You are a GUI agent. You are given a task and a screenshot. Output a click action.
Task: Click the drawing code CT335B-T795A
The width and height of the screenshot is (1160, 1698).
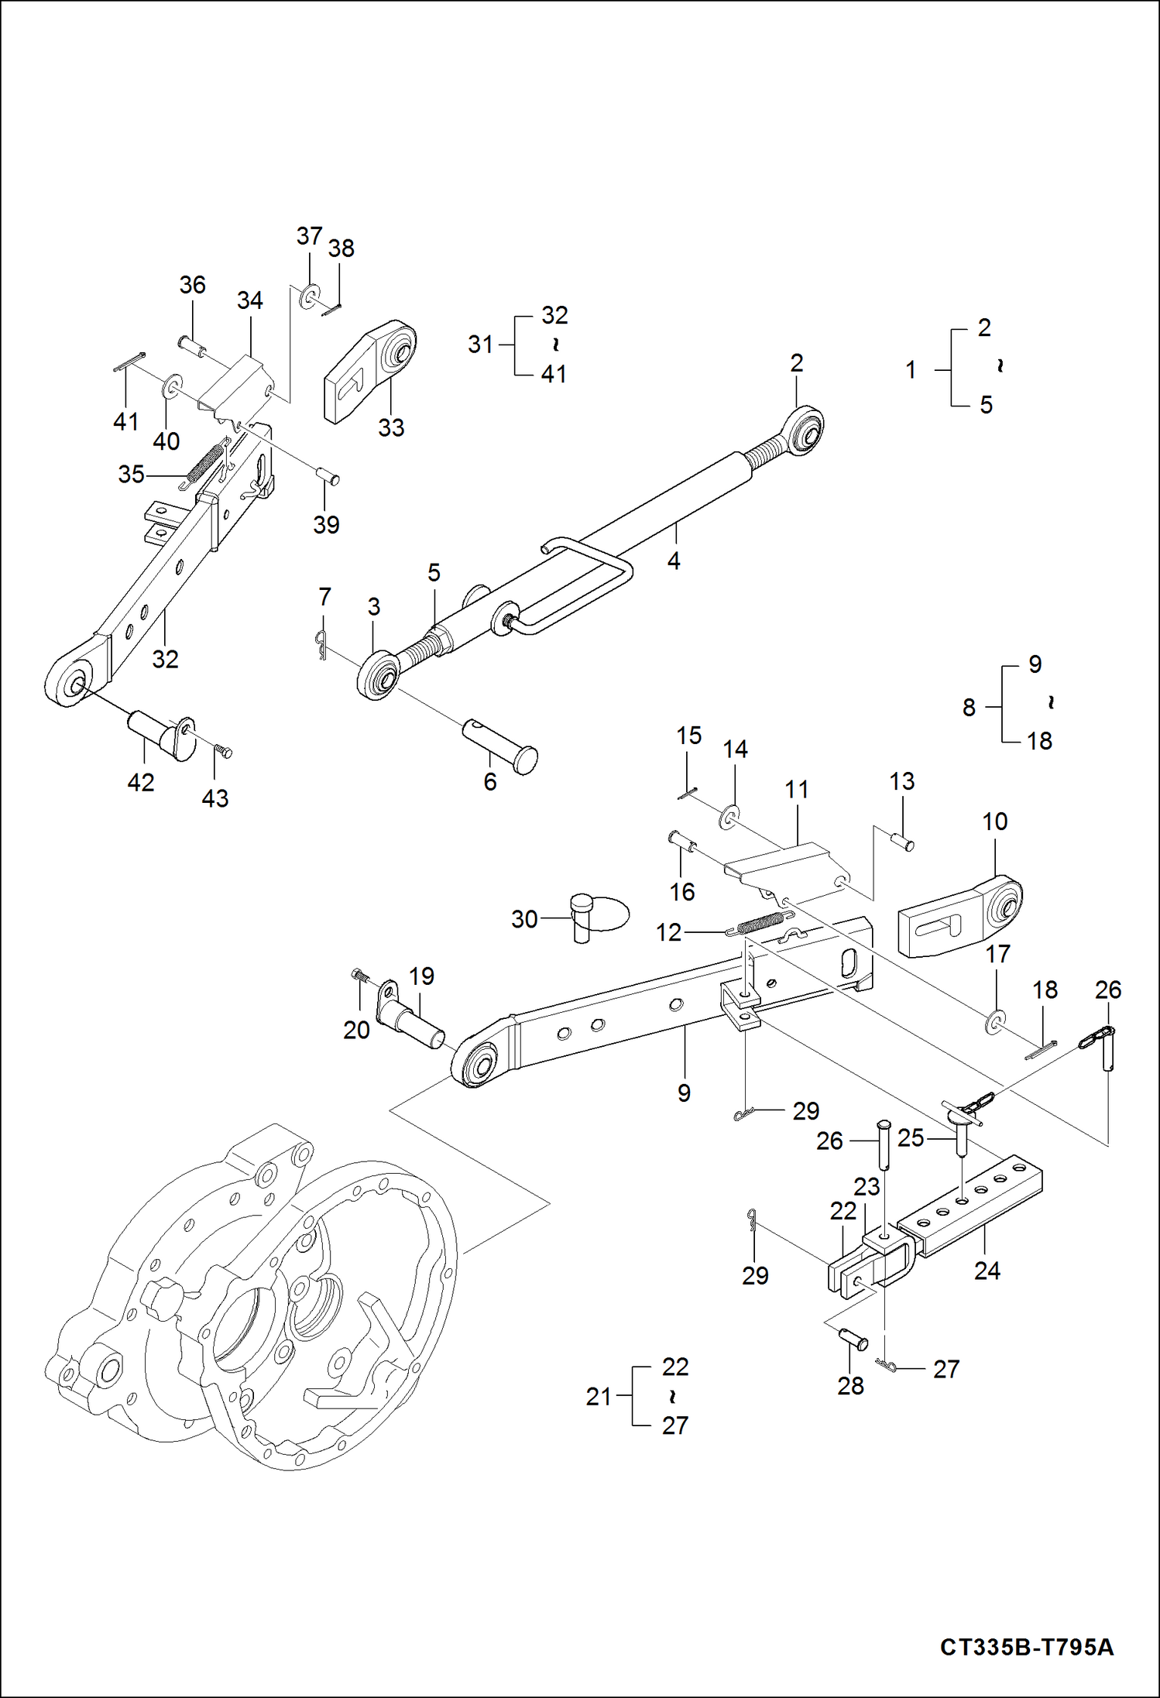click(x=1026, y=1646)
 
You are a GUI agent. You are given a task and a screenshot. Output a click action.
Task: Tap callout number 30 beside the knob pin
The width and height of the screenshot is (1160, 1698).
click(x=524, y=919)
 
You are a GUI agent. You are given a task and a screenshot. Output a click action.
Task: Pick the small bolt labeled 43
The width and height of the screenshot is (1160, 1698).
click(x=224, y=751)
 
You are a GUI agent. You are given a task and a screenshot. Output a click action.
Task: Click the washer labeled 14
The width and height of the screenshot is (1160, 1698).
click(x=729, y=816)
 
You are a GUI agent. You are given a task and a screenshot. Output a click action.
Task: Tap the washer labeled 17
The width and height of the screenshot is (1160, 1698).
click(x=996, y=1023)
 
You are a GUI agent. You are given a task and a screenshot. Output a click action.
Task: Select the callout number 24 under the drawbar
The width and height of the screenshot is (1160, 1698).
click(x=987, y=1271)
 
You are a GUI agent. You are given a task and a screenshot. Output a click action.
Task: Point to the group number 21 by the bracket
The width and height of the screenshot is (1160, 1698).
click(x=598, y=1397)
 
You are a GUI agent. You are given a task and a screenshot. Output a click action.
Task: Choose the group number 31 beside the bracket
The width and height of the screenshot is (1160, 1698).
click(x=480, y=344)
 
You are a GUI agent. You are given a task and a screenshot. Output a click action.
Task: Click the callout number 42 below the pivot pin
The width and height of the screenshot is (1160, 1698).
click(x=140, y=782)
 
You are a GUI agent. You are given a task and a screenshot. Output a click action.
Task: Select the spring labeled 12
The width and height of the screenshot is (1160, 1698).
click(x=760, y=924)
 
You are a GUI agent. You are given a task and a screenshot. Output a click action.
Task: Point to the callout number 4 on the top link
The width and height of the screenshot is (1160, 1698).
click(x=674, y=561)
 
